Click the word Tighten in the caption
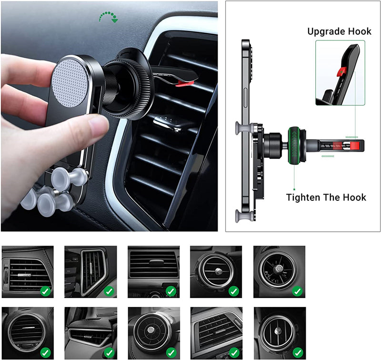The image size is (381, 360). point(302,197)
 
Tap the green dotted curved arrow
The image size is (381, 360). point(109,16)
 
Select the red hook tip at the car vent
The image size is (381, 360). point(185,83)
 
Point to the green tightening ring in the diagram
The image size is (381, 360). point(294,145)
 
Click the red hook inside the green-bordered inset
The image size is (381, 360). point(341,72)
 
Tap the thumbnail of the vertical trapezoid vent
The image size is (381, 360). point(90,272)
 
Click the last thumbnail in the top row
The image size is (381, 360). point(280,272)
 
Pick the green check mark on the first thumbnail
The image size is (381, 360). point(45,291)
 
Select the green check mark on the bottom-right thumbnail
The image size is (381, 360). point(298,352)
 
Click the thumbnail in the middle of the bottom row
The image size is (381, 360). point(154,333)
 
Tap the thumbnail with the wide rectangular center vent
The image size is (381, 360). point(154,272)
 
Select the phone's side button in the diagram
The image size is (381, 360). point(245,98)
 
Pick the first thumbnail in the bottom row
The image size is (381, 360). point(28,333)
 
